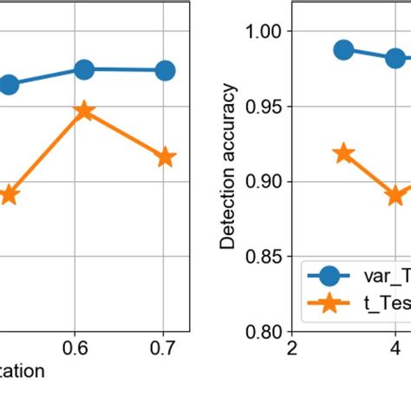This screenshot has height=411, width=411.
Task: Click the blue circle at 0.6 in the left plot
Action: (84, 69)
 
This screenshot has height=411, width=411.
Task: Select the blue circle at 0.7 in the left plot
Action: (165, 70)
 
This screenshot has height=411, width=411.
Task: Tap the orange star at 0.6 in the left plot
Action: (84, 111)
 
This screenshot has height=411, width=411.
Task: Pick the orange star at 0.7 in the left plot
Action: (165, 158)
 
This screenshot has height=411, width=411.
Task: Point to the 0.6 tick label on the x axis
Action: (84, 349)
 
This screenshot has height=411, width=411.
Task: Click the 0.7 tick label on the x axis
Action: (164, 349)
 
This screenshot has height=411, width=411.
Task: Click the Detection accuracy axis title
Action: (228, 166)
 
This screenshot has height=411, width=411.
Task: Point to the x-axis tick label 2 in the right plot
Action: (292, 349)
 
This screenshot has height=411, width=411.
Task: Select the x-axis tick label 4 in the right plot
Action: (395, 349)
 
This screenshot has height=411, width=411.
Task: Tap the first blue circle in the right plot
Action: (344, 49)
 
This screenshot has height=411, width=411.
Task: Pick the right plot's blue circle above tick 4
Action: (395, 59)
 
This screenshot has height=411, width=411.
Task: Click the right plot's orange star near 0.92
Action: (344, 153)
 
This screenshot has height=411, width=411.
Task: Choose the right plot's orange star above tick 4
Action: (395, 195)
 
